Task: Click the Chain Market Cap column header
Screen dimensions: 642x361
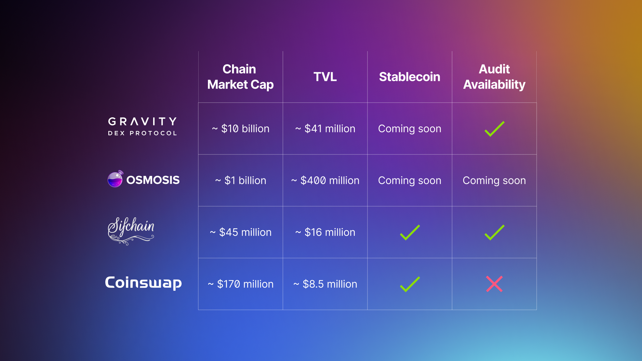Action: pyautogui.click(x=240, y=77)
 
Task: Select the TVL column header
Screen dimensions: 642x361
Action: pyautogui.click(x=325, y=77)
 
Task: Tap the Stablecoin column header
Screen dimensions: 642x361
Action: pyautogui.click(x=410, y=77)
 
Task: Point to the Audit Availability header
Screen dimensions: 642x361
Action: pyautogui.click(x=494, y=77)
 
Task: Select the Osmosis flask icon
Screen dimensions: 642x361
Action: pyautogui.click(x=115, y=179)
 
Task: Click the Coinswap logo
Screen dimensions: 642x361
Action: pyautogui.click(x=143, y=283)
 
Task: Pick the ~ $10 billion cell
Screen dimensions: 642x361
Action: pyautogui.click(x=240, y=129)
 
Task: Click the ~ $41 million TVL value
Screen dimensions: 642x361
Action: pyautogui.click(x=325, y=129)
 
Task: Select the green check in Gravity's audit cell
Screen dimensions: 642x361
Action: pyautogui.click(x=494, y=129)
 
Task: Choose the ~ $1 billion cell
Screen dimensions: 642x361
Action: pyautogui.click(x=240, y=180)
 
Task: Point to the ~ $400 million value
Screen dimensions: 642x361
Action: pyautogui.click(x=325, y=180)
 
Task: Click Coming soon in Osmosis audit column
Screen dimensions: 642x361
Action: pyautogui.click(x=494, y=180)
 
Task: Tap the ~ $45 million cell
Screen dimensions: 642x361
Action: pyautogui.click(x=240, y=232)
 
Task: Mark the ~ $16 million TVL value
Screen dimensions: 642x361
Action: pyautogui.click(x=325, y=232)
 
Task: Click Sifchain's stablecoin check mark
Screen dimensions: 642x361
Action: pyautogui.click(x=410, y=233)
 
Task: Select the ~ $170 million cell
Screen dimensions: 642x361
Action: pyautogui.click(x=240, y=284)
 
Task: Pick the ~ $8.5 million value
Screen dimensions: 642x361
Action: pyautogui.click(x=325, y=284)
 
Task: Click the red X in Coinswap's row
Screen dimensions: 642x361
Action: pyautogui.click(x=494, y=284)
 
